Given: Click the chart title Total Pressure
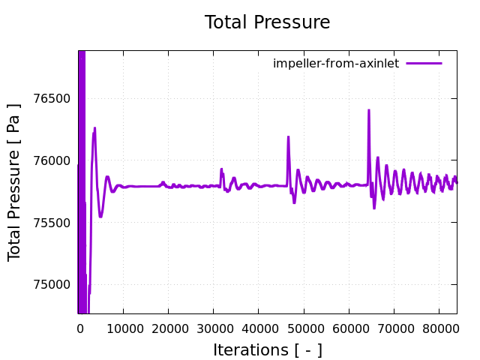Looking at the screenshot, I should pyautogui.click(x=267, y=22).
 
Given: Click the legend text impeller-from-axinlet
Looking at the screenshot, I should pyautogui.click(x=336, y=63).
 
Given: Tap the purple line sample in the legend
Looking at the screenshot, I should pyautogui.click(x=424, y=63).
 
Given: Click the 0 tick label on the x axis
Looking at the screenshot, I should pyautogui.click(x=79, y=328).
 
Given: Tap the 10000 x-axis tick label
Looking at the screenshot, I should pyautogui.click(x=124, y=328).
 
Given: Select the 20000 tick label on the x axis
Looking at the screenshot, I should pyautogui.click(x=169, y=328).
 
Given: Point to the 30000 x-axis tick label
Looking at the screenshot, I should pyautogui.click(x=214, y=328).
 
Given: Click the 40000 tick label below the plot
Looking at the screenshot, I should pyautogui.click(x=259, y=328).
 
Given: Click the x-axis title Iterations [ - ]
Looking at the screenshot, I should pyautogui.click(x=267, y=349).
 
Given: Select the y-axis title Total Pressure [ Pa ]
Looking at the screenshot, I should pyautogui.click(x=15, y=182).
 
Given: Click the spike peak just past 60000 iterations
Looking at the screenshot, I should pyautogui.click(x=368, y=111).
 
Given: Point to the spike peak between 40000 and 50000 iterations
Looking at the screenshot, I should pyautogui.click(x=288, y=137).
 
